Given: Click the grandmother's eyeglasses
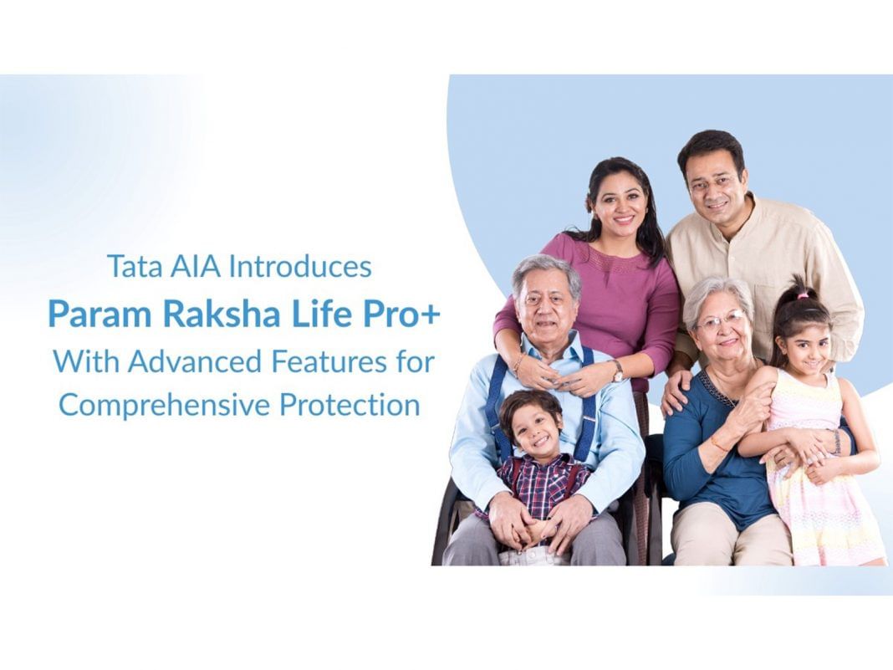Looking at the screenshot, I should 720,321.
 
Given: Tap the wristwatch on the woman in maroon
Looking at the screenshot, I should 616,370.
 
